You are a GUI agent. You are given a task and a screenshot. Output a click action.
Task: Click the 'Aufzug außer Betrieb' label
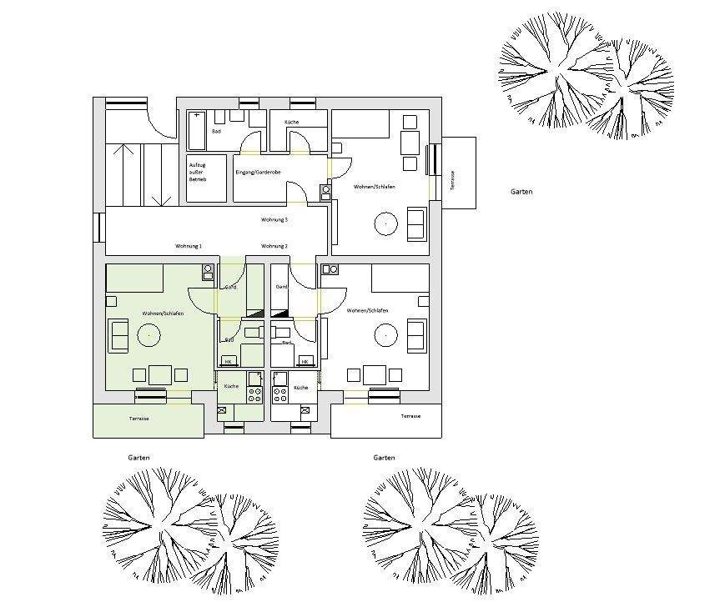pos(197,172)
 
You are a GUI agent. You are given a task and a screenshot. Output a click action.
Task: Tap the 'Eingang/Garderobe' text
pos(258,173)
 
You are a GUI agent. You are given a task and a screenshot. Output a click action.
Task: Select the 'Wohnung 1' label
pos(189,246)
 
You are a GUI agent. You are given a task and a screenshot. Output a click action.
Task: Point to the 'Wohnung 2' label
pos(274,246)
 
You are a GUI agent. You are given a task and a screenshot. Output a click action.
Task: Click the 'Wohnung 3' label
pos(274,220)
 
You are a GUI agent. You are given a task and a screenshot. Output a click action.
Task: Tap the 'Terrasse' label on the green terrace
pos(138,418)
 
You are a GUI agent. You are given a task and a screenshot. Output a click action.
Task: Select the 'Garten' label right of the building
pos(521,192)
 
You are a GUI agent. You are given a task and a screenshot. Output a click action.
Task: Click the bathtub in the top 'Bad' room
pos(197,130)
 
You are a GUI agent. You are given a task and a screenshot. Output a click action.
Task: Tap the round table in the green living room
pos(149,335)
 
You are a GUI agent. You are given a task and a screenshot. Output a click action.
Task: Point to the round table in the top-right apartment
pos(386,223)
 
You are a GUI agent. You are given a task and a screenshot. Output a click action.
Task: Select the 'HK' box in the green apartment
pos(227,361)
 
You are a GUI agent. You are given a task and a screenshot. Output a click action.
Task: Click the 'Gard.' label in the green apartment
pos(230,287)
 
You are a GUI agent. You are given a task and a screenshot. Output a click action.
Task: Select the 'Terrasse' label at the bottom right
pos(410,416)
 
